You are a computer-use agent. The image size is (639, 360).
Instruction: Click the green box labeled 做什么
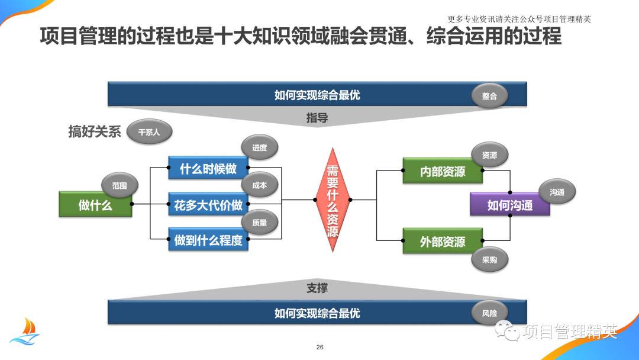95,205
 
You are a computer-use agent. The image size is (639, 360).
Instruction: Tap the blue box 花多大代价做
208,205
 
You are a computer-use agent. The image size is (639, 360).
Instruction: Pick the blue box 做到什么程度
208,240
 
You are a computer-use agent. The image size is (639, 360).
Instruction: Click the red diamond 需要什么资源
333,200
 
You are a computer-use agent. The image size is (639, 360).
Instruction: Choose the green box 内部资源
442,171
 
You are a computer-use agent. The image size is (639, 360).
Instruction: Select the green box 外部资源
442,242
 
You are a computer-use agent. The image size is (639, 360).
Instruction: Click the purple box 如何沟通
509,205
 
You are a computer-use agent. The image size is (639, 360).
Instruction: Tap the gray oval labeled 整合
489,95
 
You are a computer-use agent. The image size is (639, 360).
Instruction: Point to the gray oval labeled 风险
489,313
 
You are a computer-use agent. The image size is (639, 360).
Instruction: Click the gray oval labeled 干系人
149,132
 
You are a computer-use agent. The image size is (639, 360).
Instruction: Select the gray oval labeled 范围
120,185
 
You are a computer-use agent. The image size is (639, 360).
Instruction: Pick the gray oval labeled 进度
259,147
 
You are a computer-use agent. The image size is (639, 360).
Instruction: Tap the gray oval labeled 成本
259,185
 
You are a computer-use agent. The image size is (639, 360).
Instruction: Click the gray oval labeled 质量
259,223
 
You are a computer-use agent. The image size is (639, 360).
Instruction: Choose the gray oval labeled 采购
489,259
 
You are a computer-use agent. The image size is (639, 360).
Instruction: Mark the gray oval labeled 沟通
557,192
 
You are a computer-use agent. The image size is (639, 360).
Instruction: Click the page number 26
320,347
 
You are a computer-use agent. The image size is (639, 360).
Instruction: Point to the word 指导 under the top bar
317,118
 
